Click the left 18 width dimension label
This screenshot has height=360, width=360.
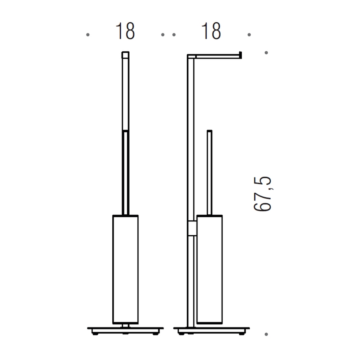pos(125,32)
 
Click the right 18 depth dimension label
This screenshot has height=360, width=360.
pos(211,32)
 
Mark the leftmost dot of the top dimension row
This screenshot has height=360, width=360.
pos(88,35)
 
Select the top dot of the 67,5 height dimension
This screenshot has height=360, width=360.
pos(266,53)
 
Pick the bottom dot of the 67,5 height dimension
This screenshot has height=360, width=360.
pos(266,334)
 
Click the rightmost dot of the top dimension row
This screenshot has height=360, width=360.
pos(249,35)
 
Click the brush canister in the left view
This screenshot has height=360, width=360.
pos(125,269)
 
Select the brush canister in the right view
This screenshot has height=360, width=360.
pos(210,269)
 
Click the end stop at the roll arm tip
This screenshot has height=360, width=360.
pos(240,54)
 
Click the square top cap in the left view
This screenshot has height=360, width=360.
pos(125,54)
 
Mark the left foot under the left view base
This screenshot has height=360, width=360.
pos(96,333)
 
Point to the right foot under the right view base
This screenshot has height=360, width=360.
pos(241,333)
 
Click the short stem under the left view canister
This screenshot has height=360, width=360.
pos(125,325)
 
